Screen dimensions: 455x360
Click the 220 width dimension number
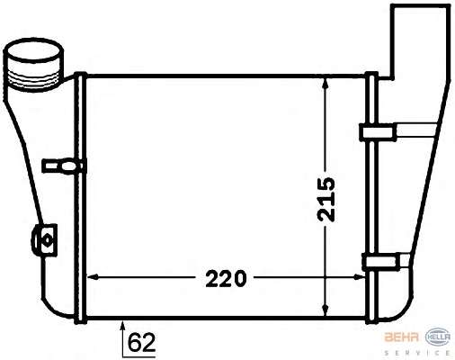226,279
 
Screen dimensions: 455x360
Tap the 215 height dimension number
326,200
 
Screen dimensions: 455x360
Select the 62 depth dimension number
141,342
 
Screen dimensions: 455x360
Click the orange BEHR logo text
401,337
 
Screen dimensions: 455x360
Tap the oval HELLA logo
438,337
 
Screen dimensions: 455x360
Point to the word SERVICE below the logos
417,353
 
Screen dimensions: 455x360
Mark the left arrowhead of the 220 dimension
92,277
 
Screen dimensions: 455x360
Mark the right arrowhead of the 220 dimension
360,277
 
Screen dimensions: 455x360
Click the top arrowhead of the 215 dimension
326,83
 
